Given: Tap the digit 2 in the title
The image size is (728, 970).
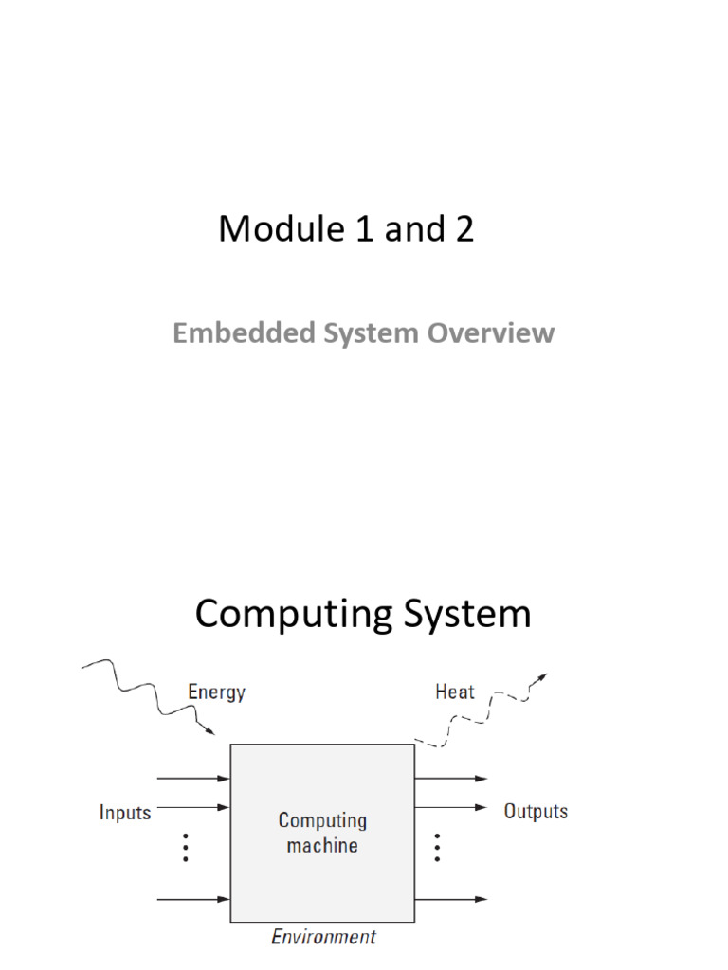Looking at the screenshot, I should (464, 229).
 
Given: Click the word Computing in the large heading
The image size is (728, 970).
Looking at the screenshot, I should (293, 615).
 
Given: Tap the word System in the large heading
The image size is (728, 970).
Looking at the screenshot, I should (466, 615).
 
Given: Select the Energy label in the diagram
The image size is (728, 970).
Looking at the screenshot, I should (216, 692).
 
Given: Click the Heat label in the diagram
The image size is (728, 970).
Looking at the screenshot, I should (454, 692).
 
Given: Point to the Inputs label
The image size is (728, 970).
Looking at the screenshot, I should (125, 812).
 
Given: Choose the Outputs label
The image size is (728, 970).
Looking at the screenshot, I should (536, 812).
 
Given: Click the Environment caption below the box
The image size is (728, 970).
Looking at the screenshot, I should (323, 937).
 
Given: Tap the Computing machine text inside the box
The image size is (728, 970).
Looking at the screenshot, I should (322, 832).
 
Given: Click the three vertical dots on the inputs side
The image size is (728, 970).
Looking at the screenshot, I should (186, 847).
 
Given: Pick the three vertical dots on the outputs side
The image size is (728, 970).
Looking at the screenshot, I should (437, 847).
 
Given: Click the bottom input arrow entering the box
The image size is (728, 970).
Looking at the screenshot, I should (193, 899).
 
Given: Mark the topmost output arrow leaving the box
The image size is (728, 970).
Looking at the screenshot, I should (451, 779).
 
